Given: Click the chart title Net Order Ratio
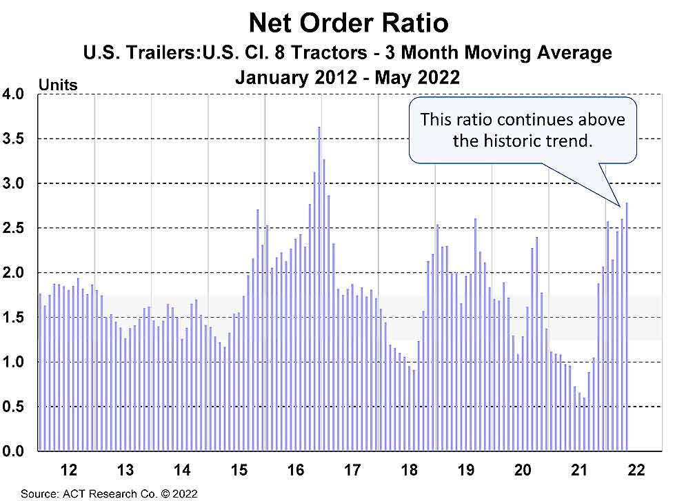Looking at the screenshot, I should tap(348, 23).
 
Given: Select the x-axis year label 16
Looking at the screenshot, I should tap(296, 471).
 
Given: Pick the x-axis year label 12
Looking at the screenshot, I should tap(68, 471).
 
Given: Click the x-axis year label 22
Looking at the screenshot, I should tap(636, 471).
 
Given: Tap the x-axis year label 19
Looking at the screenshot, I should tap(466, 471).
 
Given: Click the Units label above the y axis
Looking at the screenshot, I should tap(58, 85).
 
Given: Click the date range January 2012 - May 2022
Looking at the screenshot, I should tap(347, 77).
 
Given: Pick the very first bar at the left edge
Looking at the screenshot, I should tap(40, 372).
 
